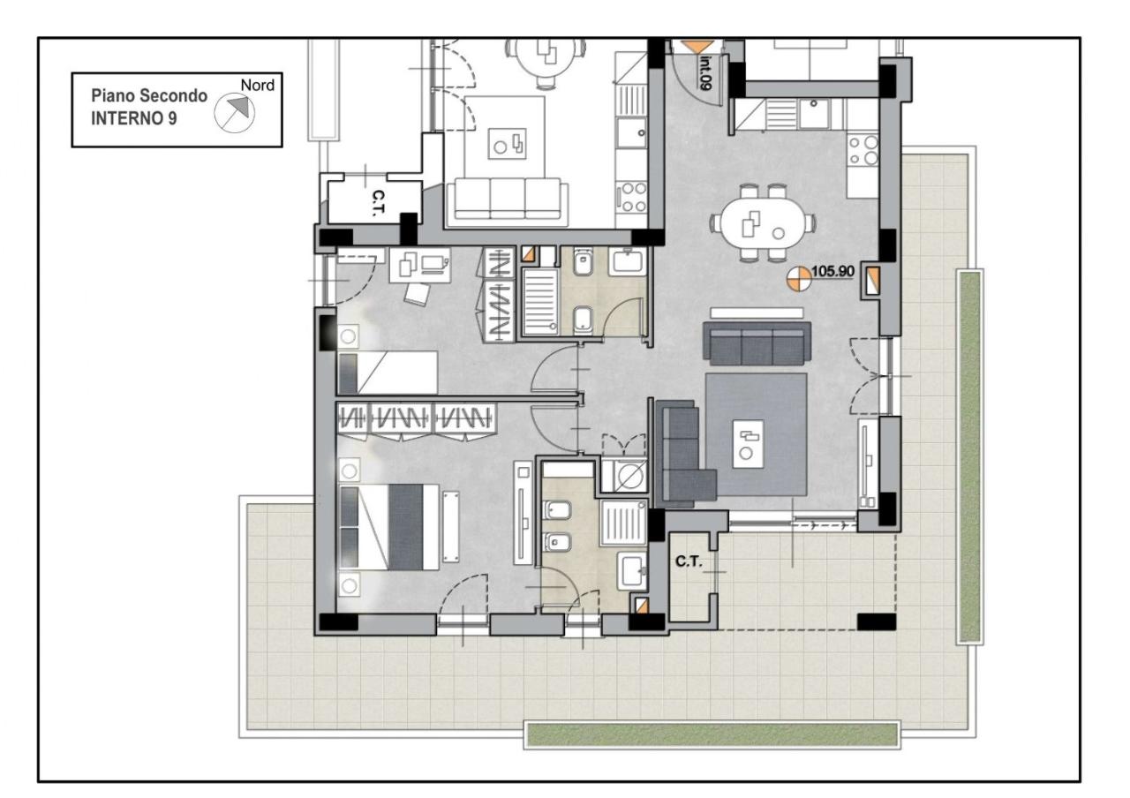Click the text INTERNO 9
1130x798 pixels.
pyautogui.click(x=133, y=118)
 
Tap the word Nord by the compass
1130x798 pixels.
pyautogui.click(x=257, y=86)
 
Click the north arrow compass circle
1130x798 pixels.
pyautogui.click(x=235, y=114)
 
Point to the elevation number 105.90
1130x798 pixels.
pyautogui.click(x=832, y=271)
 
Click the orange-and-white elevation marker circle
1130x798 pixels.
pyautogui.click(x=800, y=279)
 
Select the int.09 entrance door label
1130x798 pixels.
pyautogui.click(x=705, y=72)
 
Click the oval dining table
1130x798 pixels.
pyautogui.click(x=762, y=222)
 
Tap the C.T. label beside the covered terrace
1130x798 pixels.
pyautogui.click(x=689, y=561)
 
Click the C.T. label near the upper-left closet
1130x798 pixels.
pyautogui.click(x=378, y=203)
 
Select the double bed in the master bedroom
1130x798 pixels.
pyautogui.click(x=389, y=527)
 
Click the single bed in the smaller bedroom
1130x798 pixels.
pyautogui.click(x=388, y=373)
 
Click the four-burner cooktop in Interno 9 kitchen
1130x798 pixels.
pyautogui.click(x=863, y=150)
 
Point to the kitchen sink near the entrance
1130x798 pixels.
pyautogui.click(x=813, y=114)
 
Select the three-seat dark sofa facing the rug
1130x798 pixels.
pyautogui.click(x=757, y=343)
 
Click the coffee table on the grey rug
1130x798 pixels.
pyautogui.click(x=748, y=444)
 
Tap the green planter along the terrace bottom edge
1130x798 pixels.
pyautogui.click(x=712, y=734)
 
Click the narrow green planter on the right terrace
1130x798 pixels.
pyautogui.click(x=969, y=457)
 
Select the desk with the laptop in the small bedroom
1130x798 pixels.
pyautogui.click(x=420, y=264)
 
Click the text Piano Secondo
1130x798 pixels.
pyautogui.click(x=149, y=96)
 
